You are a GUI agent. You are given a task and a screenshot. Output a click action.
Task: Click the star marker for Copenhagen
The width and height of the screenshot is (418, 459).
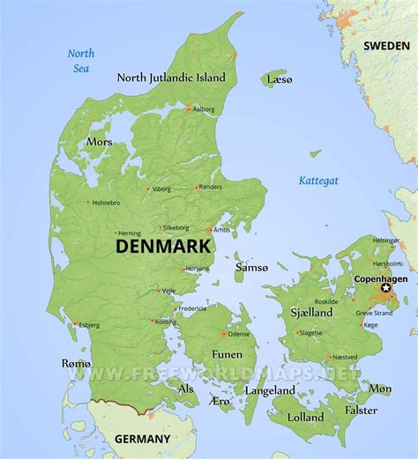coord(385,288)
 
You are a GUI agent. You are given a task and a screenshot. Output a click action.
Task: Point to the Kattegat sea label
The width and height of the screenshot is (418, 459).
coord(317,181)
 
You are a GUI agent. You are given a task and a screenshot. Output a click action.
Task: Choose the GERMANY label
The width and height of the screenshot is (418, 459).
coord(143,439)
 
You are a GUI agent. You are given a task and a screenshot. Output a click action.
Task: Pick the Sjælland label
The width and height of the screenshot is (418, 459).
coord(311,312)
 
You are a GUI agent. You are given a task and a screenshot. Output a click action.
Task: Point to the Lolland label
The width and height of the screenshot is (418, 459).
coord(305,417)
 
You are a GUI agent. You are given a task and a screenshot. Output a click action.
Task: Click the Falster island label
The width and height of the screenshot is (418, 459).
coord(361,410)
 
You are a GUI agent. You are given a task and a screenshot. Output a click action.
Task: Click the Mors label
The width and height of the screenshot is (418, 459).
coord(99,141)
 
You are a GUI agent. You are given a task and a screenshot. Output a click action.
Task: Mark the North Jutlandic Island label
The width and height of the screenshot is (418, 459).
coord(171,78)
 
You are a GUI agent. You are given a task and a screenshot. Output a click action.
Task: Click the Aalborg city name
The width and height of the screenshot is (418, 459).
coord(204,109)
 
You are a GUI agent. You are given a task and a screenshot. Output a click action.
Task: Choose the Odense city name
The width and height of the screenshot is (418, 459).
coord(239,334)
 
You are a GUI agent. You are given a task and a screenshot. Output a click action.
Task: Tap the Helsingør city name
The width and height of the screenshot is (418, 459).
coord(384,240)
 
